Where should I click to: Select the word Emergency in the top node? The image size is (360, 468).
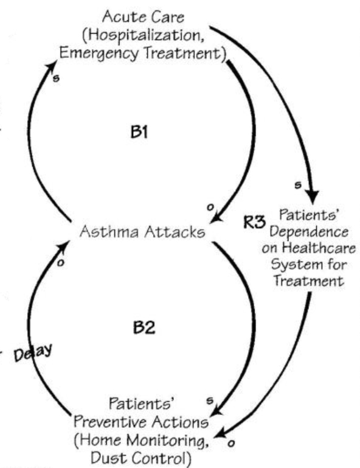pyautogui.click(x=97, y=53)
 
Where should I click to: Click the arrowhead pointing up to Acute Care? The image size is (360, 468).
pyautogui.click(x=52, y=56)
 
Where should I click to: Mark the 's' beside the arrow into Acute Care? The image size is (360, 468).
pyautogui.click(x=56, y=80)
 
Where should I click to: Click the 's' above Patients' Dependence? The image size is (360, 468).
pyautogui.click(x=296, y=183)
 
